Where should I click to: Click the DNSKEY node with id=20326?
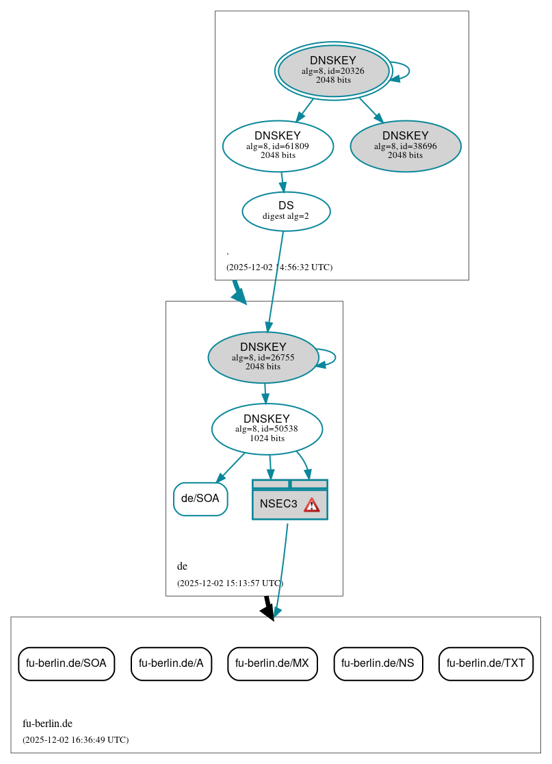coord(333,70)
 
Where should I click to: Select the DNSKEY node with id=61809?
coord(278,146)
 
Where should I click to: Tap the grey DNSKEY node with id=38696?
coord(405,146)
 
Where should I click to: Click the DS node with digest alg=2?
coord(286,211)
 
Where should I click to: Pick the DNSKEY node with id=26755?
coord(263,357)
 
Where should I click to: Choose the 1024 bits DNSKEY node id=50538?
coord(267,429)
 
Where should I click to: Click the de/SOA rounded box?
coord(200,499)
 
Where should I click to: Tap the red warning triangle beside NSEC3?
coord(312,505)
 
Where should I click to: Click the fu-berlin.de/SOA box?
coord(66,663)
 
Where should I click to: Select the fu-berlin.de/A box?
coord(171,663)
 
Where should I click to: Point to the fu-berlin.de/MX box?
coord(272,663)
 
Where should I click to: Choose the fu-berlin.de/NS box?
coord(378,663)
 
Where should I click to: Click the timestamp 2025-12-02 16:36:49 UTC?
coord(75,740)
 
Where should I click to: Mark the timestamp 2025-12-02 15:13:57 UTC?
coord(230,583)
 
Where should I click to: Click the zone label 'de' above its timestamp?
coord(182,566)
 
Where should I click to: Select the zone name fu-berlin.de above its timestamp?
coord(47,724)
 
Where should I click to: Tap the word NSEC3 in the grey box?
coord(278,505)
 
